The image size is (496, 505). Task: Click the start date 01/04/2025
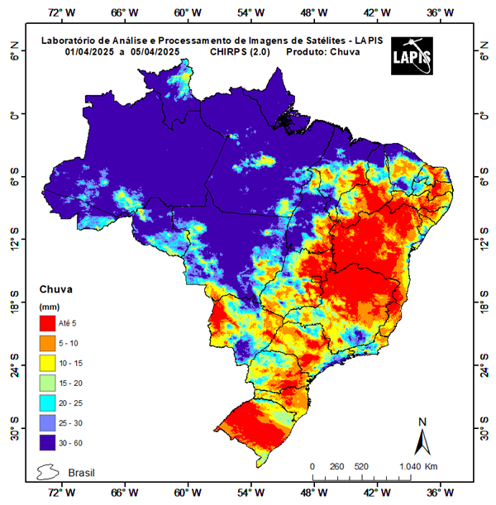click(91, 51)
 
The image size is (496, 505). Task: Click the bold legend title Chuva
click(56, 290)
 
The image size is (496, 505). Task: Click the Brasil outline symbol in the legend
click(50, 473)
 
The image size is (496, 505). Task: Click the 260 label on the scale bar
click(336, 467)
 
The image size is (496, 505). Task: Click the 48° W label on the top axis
click(312, 12)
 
